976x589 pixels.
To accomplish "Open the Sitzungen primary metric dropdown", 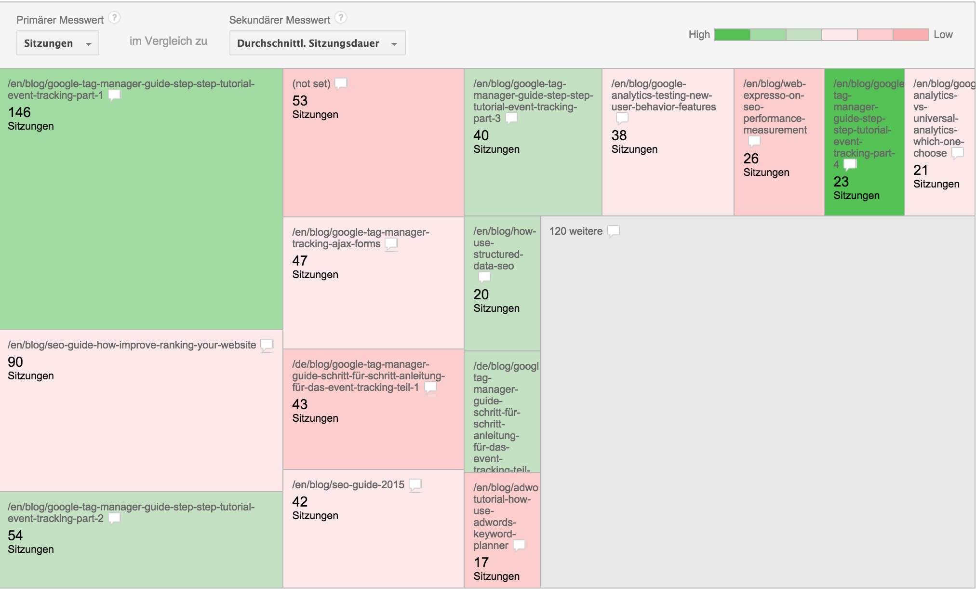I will coord(57,43).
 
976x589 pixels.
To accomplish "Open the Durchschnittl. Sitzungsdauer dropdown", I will coord(317,43).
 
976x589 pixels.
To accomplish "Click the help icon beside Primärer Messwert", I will coord(114,18).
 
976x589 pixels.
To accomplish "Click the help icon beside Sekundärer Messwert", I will coord(341,18).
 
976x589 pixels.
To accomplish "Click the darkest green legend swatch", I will coord(732,35).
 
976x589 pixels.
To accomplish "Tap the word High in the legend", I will coord(699,35).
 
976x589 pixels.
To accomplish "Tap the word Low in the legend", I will coord(943,35).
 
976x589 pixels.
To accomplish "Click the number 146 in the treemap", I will coord(19,112).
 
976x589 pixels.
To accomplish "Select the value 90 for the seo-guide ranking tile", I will coord(15,362).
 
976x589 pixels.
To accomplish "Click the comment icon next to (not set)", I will coord(341,83).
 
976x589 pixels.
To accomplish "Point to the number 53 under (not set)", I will coord(300,101).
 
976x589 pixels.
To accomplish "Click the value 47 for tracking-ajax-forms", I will coord(300,261).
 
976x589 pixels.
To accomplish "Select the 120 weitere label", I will coord(576,231).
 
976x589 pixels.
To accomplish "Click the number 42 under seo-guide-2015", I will coord(300,502).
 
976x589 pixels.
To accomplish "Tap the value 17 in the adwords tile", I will coord(481,562).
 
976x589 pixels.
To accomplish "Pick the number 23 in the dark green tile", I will coord(841,182).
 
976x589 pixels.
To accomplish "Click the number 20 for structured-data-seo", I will coord(481,294).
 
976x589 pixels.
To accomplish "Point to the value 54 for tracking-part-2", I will coord(15,535).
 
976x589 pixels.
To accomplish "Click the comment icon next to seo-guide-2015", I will coord(415,485).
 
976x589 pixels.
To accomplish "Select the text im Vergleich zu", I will coord(168,41).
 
